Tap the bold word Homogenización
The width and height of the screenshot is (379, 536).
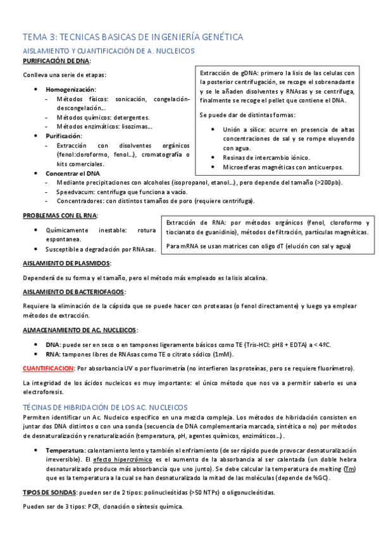point(71,90)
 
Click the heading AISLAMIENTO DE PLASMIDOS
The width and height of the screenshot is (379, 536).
point(67,263)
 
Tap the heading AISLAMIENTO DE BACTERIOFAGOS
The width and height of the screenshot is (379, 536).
point(73,291)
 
